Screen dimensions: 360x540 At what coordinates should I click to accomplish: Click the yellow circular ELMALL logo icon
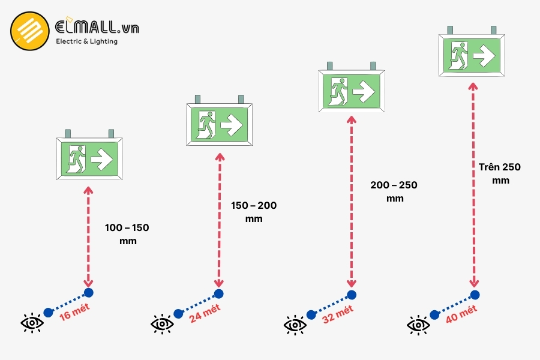[x=29, y=31]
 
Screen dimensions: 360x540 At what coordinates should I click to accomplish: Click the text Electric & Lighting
[x=86, y=41]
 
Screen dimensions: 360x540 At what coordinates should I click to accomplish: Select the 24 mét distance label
[x=205, y=313]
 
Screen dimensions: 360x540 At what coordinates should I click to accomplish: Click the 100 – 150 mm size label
[x=127, y=234]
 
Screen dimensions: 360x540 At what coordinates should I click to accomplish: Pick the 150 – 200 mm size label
[x=254, y=212]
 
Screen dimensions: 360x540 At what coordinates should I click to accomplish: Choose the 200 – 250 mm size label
[x=394, y=191]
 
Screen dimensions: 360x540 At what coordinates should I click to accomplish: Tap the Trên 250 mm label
[x=500, y=173]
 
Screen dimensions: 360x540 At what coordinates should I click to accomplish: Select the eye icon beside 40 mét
[x=418, y=325]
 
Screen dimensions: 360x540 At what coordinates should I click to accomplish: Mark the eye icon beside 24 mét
[x=162, y=325]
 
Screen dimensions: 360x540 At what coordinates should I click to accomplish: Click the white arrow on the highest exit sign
[x=483, y=56]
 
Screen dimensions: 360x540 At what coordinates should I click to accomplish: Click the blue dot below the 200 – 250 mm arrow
[x=351, y=295]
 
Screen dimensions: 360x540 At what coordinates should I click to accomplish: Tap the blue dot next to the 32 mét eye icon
[x=311, y=314]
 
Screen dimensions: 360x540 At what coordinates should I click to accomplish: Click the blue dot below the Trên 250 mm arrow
[x=475, y=295]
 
